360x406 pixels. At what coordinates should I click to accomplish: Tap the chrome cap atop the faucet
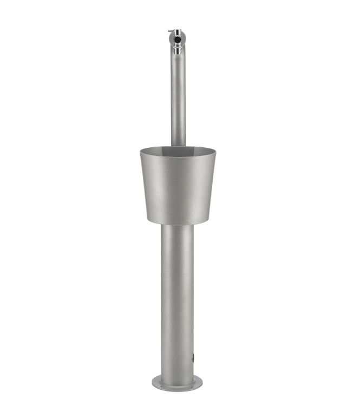coord(178,32)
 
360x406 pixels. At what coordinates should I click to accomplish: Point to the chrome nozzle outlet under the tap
coord(178,51)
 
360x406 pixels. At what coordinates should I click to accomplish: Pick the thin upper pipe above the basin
coord(178,97)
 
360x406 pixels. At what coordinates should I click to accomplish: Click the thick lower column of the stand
coord(178,298)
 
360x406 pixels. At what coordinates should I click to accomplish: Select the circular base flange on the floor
coord(178,383)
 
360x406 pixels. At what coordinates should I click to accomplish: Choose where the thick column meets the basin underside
coord(178,225)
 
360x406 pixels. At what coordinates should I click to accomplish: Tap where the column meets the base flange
coord(178,376)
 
